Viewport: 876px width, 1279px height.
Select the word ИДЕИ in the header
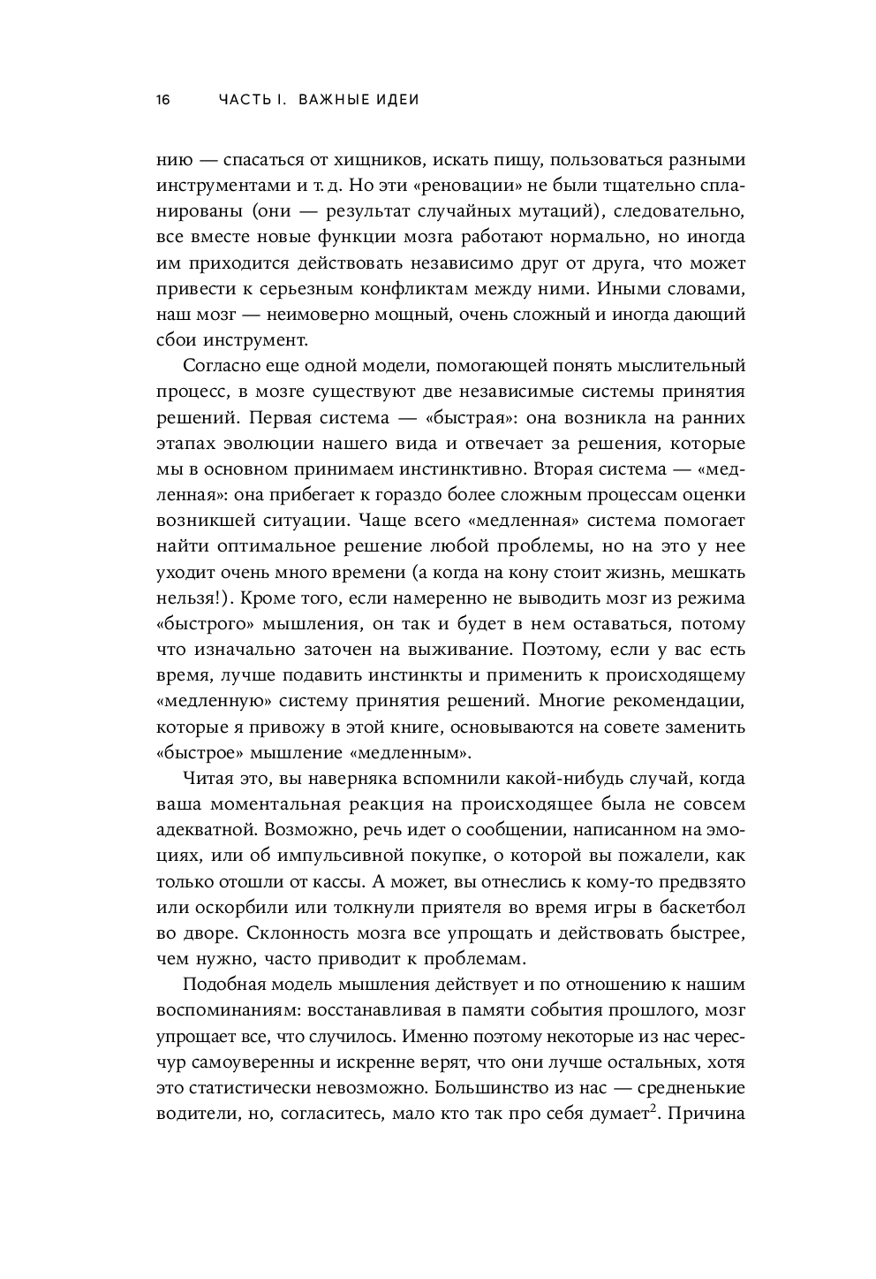(x=395, y=100)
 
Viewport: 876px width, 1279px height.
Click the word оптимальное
(x=282, y=546)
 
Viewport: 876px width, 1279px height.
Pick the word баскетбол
(x=703, y=907)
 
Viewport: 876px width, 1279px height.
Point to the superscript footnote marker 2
(x=653, y=1108)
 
